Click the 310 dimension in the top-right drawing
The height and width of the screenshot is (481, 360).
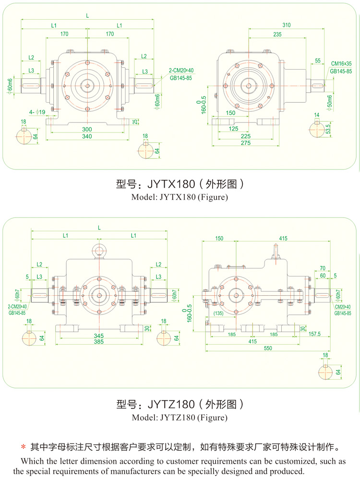287,24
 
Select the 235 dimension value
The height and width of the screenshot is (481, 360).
277,34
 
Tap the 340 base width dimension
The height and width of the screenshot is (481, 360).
87,137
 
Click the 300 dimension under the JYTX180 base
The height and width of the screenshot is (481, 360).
87,130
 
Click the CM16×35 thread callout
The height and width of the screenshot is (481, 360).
341,63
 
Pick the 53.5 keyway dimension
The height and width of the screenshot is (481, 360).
327,129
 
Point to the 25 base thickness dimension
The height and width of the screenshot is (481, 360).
135,120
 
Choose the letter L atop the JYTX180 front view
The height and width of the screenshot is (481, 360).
87,15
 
